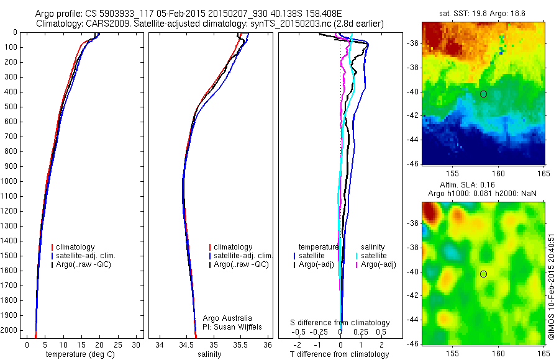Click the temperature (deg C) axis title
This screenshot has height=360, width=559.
click(75, 354)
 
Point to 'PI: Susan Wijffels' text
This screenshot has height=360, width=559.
click(233, 326)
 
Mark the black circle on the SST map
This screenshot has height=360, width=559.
click(483, 94)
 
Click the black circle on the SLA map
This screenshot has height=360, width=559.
click(483, 274)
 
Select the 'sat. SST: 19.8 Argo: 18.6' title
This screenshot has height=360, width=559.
click(482, 14)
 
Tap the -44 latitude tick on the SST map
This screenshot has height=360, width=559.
click(413, 140)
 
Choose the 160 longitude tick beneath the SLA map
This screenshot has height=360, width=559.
click(498, 353)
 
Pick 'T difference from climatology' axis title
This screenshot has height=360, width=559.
click(339, 354)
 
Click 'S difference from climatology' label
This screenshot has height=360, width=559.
click(340, 323)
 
